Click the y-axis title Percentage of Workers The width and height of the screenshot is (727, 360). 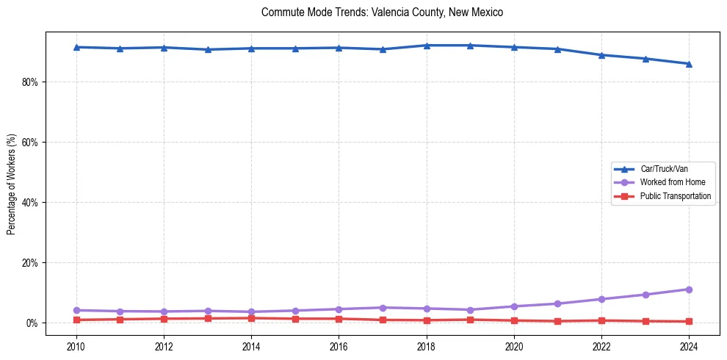pyautogui.click(x=11, y=184)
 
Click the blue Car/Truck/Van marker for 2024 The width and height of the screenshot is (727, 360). pyautogui.click(x=689, y=64)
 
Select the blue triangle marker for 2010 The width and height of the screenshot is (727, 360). pyautogui.click(x=76, y=47)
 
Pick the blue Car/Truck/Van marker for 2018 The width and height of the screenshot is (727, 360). pyautogui.click(x=427, y=46)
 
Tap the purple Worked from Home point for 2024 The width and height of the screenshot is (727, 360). pyautogui.click(x=689, y=289)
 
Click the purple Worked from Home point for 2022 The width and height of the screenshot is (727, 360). pyautogui.click(x=601, y=299)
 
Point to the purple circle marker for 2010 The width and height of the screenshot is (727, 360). pyautogui.click(x=76, y=310)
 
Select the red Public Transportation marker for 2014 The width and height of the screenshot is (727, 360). pyautogui.click(x=251, y=318)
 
